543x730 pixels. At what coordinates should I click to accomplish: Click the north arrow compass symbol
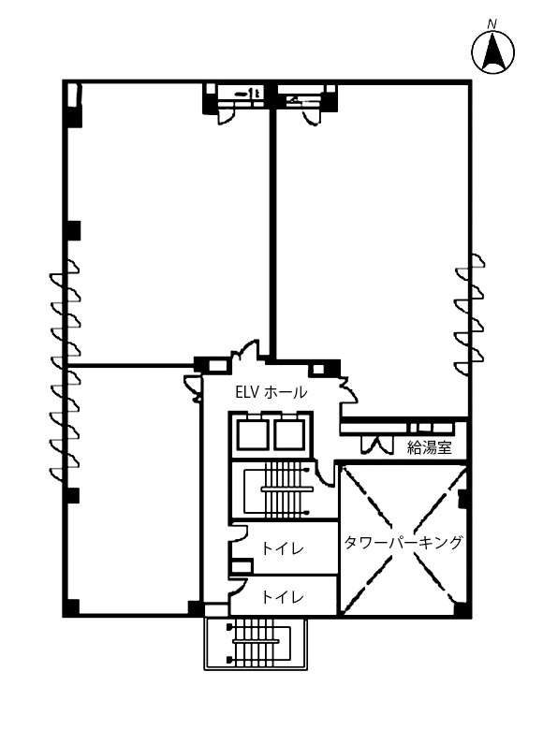[493, 51]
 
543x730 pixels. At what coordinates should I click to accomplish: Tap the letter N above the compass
[492, 24]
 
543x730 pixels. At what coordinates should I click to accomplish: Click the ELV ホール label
[271, 392]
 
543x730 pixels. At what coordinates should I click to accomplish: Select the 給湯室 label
[430, 447]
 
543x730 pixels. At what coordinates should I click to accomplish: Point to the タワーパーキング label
[404, 543]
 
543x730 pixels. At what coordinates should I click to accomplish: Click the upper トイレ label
[283, 548]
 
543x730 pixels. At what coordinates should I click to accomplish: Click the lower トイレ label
[283, 596]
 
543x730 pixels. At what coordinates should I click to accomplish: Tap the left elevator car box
[252, 435]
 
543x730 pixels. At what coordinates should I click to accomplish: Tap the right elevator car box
[289, 435]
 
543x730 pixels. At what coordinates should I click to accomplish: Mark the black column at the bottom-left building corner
[71, 607]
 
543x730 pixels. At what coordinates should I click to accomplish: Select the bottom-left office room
[134, 489]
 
